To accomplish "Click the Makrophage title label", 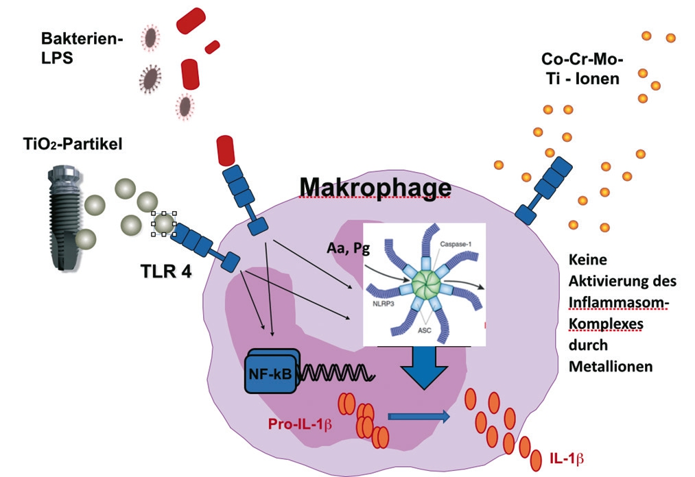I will [x=375, y=186].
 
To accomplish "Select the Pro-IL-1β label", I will [x=301, y=424].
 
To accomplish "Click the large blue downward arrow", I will [x=422, y=369].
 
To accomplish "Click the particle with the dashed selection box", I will [x=163, y=223].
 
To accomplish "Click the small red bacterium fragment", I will [x=212, y=47].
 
